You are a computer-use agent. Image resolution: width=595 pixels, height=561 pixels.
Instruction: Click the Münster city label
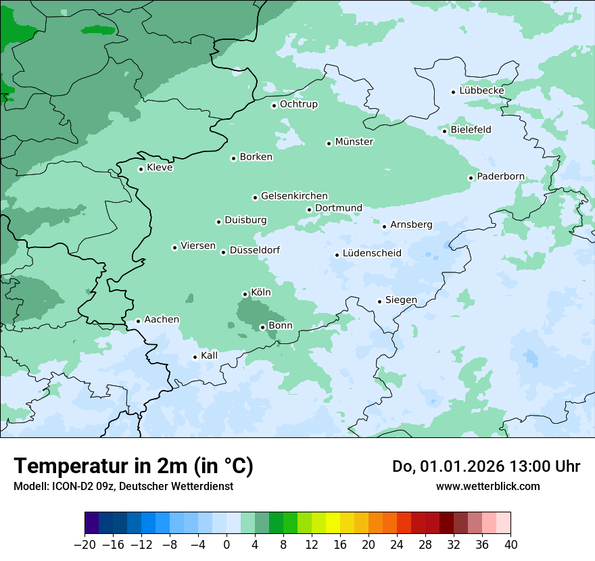coord(354,142)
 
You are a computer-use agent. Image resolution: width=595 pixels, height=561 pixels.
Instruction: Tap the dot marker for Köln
coord(245,294)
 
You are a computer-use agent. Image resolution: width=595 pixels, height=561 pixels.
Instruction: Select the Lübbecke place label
coord(481,91)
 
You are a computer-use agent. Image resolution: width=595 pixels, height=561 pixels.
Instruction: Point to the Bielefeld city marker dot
coord(445,130)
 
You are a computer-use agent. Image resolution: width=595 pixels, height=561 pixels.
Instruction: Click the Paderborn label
coord(500,176)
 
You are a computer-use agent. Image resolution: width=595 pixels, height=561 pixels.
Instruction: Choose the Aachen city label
coord(162,320)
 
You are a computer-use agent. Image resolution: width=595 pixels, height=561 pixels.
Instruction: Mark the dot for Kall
coord(195,357)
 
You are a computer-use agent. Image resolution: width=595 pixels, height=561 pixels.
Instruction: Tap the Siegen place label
coord(401,300)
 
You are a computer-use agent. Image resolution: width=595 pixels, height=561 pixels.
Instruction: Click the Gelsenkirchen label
coord(294,196)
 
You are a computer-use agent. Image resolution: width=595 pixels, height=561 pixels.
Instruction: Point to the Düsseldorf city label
coord(255,251)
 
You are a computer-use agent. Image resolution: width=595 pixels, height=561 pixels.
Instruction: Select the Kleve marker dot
coord(141,169)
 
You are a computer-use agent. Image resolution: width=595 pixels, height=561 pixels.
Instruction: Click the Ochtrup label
coord(298,104)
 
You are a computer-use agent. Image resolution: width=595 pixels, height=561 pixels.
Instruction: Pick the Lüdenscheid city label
coord(372,253)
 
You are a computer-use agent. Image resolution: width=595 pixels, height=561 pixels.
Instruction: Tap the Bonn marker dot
coord(262,327)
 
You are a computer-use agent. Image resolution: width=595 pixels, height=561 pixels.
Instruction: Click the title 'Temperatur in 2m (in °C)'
coord(133,466)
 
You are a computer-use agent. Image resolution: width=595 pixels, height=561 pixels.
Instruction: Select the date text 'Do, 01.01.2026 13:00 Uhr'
coord(485,466)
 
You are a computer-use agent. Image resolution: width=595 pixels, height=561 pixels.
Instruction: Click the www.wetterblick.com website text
coord(487,486)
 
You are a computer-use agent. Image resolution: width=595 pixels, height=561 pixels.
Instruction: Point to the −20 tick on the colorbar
coord(85,545)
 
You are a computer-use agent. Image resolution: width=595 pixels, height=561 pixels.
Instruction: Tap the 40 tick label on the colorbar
coord(510,545)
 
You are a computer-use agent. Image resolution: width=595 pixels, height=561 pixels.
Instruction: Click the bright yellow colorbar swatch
coord(333,523)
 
